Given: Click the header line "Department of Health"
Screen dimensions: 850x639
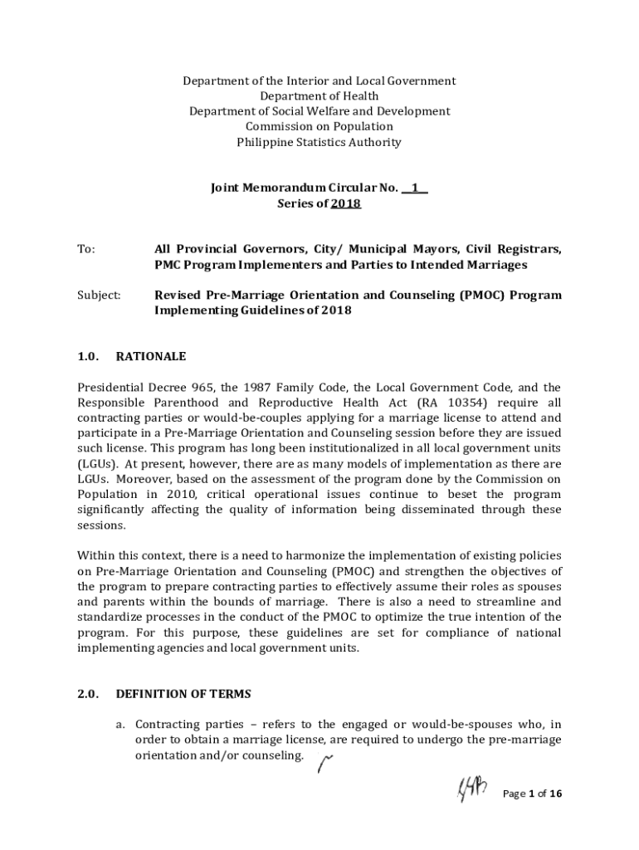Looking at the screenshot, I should [x=319, y=96].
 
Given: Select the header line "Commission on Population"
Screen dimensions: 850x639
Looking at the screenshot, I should [x=319, y=127].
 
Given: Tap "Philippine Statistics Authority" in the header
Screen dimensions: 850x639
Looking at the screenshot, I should [x=319, y=142].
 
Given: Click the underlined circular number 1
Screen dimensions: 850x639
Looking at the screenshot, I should [x=414, y=188].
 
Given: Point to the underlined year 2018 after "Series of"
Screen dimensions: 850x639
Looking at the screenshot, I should [x=345, y=203].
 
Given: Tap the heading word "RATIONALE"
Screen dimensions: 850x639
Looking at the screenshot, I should [x=151, y=357].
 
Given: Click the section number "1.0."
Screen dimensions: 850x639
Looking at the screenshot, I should [x=89, y=357].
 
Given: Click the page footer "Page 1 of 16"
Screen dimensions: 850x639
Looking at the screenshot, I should [x=533, y=794].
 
